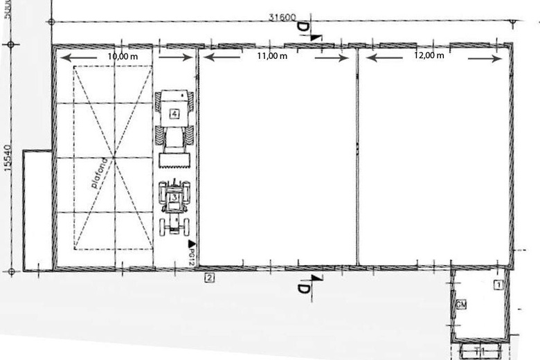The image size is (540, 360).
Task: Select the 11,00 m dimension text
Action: pos(272,56)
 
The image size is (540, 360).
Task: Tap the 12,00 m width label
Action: pos(429,56)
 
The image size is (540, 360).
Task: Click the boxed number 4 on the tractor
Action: pos(175,112)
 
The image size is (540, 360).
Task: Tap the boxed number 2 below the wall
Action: pos(209,278)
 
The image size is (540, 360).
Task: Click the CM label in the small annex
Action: pos(461,305)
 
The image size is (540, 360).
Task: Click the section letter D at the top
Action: pos(303,27)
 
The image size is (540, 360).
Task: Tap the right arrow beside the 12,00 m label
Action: pos(485,58)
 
